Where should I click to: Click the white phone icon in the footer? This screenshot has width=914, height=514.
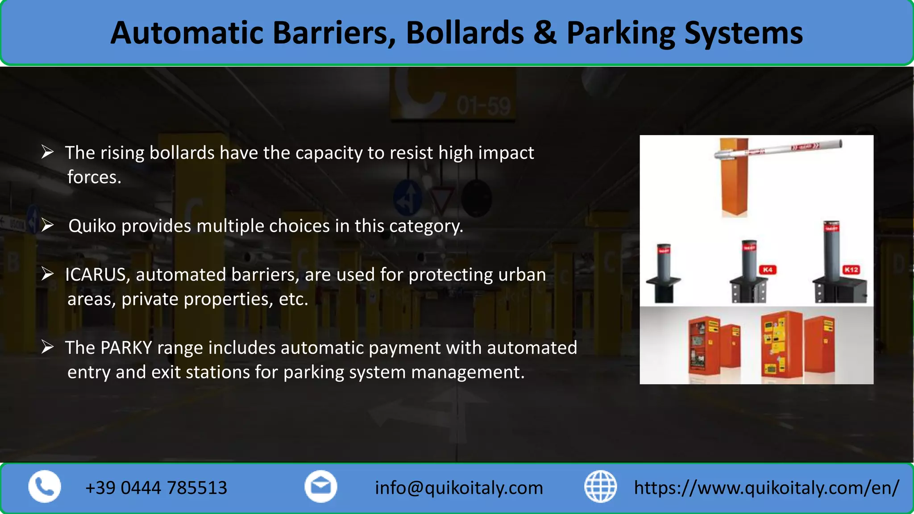tap(45, 487)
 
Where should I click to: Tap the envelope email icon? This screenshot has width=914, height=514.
tap(320, 487)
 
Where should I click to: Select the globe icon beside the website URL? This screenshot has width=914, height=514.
tap(600, 487)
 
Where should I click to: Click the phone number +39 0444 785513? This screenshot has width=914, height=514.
tap(156, 488)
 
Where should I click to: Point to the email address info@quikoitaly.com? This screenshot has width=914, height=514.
tap(459, 488)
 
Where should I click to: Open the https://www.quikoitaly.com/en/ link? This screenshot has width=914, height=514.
tap(766, 488)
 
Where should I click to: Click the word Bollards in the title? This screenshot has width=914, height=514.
tap(465, 33)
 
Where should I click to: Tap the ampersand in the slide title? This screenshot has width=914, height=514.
tap(545, 33)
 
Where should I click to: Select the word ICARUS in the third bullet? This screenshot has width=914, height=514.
tap(95, 275)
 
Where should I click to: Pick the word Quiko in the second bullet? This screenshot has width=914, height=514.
tap(92, 226)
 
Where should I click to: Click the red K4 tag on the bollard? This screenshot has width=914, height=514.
tap(768, 270)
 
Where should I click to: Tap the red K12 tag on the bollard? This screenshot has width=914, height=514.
tap(851, 270)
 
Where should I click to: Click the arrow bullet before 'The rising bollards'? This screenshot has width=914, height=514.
tap(47, 152)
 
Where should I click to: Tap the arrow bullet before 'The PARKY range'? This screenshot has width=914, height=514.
tap(47, 347)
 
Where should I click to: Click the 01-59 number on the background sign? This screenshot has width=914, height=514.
tap(483, 107)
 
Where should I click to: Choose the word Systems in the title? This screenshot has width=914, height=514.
tap(743, 33)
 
